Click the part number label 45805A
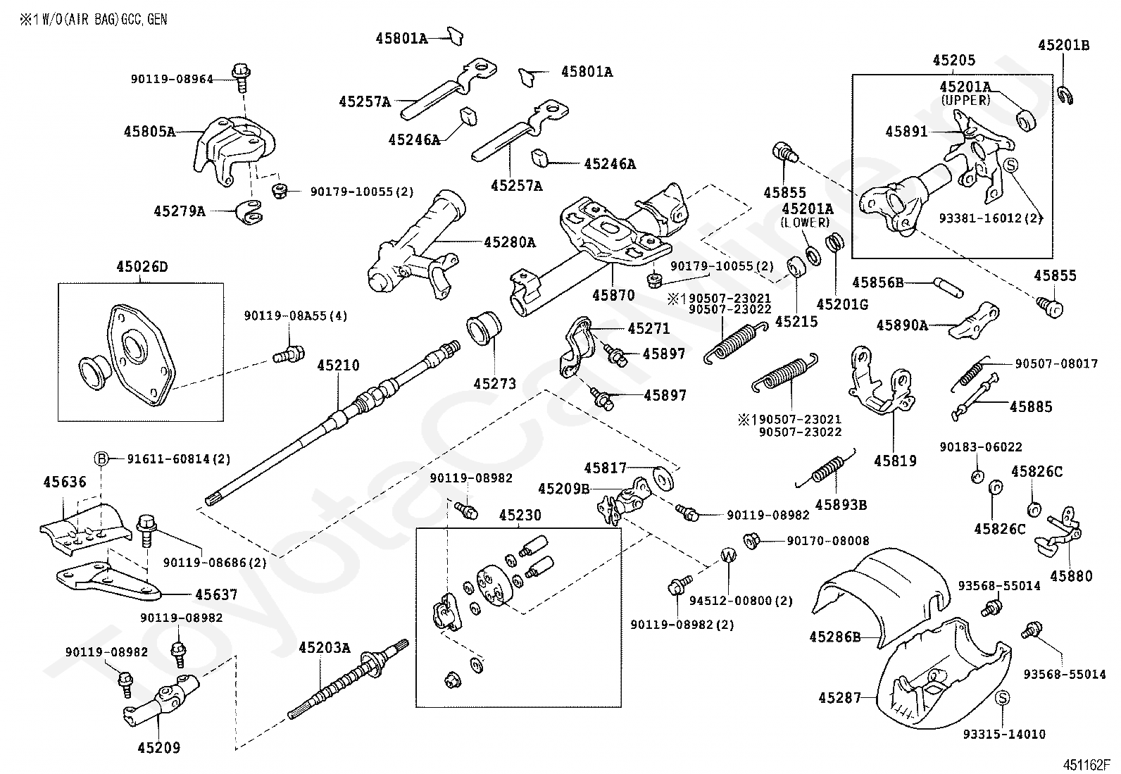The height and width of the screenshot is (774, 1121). pos(150,132)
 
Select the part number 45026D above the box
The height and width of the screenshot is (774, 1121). pos(142,266)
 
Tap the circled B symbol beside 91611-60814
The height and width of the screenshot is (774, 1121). pos(101,458)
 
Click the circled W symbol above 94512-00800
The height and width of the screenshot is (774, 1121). pos(729,555)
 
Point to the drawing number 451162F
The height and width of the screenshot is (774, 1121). pos(1086,765)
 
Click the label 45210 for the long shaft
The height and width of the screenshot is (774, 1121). pos(338,366)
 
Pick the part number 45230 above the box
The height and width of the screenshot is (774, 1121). pos(520,515)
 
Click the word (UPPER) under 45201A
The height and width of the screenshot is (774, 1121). pos(965,100)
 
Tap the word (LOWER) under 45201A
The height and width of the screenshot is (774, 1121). pos(806,223)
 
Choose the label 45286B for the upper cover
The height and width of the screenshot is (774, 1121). pos(835,637)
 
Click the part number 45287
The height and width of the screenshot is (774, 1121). pos(840,697)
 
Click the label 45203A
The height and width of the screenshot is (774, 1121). pos(325,648)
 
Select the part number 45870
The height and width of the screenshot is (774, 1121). pos(613,295)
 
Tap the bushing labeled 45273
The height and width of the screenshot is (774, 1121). pos(484,328)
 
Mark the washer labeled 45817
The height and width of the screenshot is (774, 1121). pos(663,479)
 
